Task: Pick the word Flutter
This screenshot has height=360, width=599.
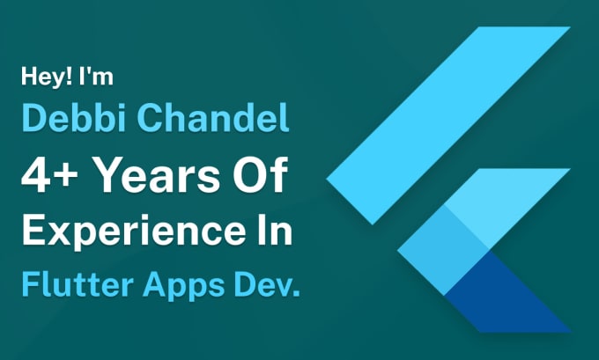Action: click(70, 284)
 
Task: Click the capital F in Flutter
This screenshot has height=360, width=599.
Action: click(28, 284)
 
